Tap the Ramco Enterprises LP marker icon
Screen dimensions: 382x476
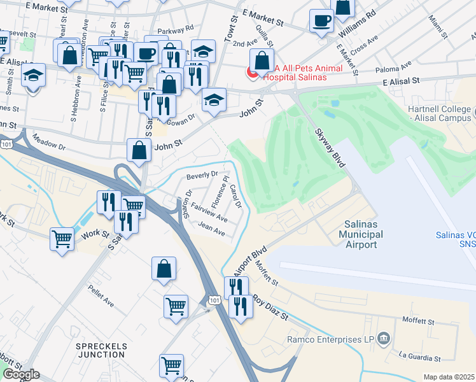point(384,337)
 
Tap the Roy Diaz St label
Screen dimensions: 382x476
point(271,306)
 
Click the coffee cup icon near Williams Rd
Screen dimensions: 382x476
point(321,20)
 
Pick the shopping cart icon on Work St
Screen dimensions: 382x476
point(62,240)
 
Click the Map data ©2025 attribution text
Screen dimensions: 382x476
point(449,377)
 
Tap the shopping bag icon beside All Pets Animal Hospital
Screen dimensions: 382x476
point(262,61)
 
